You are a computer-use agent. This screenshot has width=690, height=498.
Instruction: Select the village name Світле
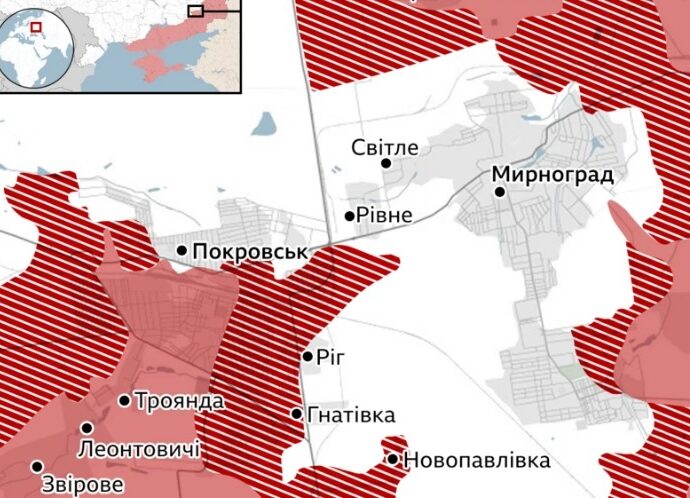pos(385,147)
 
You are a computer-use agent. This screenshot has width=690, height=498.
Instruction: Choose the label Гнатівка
pos(351,414)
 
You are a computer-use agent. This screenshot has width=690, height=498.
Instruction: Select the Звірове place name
pos(83,485)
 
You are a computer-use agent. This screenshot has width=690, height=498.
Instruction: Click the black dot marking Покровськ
pos(182,250)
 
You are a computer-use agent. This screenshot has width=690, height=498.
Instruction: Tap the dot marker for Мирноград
pos(500,191)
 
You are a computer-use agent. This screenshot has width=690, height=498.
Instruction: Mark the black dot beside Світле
pos(386,163)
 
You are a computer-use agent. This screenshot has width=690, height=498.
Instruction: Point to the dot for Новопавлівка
pos(393,460)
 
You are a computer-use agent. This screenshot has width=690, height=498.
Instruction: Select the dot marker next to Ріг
pos(308,356)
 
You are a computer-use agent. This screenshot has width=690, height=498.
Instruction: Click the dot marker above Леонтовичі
pos(87,428)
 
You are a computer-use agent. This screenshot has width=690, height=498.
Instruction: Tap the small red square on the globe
pos(36,27)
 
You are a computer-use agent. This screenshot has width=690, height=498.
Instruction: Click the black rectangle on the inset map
pos(195,10)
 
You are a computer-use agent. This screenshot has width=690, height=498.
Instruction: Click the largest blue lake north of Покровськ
pos(263,125)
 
